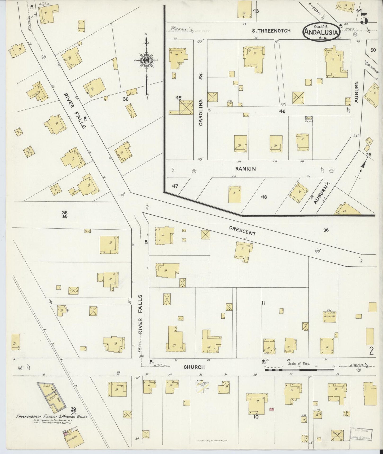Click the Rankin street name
(x=245, y=169)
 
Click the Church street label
(x=195, y=367)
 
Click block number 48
(x=264, y=197)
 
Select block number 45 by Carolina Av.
(x=178, y=98)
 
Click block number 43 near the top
(x=256, y=11)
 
